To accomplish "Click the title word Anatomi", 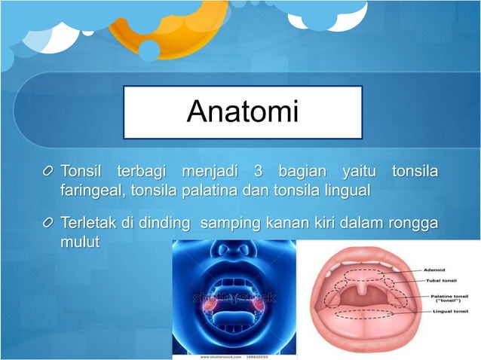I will pyautogui.click(x=242, y=112).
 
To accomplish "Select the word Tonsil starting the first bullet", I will pyautogui.click(x=84, y=171).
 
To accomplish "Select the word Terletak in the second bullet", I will pyautogui.click(x=89, y=224).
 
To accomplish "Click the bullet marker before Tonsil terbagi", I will pyautogui.click(x=48, y=172).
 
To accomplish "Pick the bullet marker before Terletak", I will pyautogui.click(x=48, y=224).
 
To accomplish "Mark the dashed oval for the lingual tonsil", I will pyautogui.click(x=362, y=316).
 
